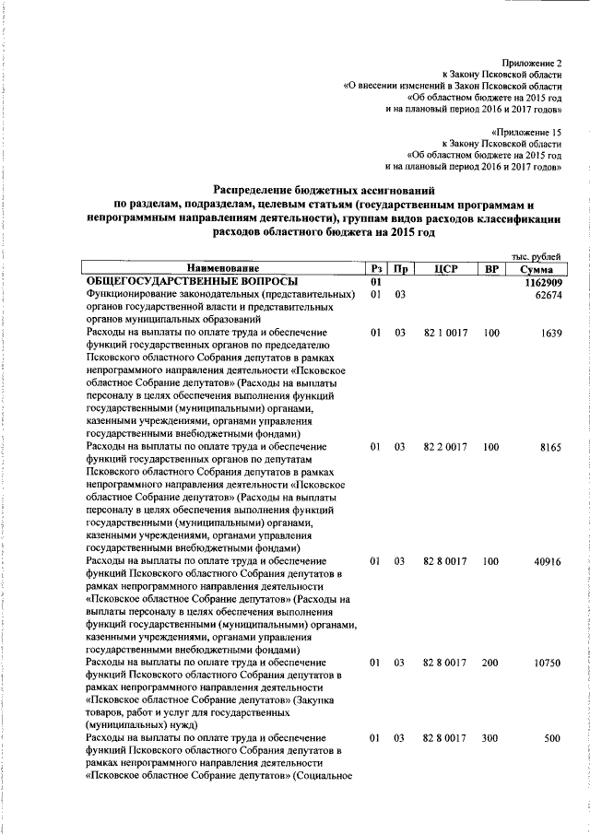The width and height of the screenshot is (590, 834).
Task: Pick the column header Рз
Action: pyautogui.click(x=375, y=268)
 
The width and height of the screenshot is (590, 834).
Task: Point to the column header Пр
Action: pyautogui.click(x=400, y=268)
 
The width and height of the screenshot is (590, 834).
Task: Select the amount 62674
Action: pyautogui.click(x=547, y=294)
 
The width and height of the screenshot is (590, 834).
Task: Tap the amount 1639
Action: pyautogui.click(x=551, y=333)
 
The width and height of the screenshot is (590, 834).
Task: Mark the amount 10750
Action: pyautogui.click(x=547, y=663)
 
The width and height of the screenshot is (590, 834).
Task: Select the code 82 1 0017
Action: pyautogui.click(x=445, y=333)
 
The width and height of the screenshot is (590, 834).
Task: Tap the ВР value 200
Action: pyautogui.click(x=490, y=663)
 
